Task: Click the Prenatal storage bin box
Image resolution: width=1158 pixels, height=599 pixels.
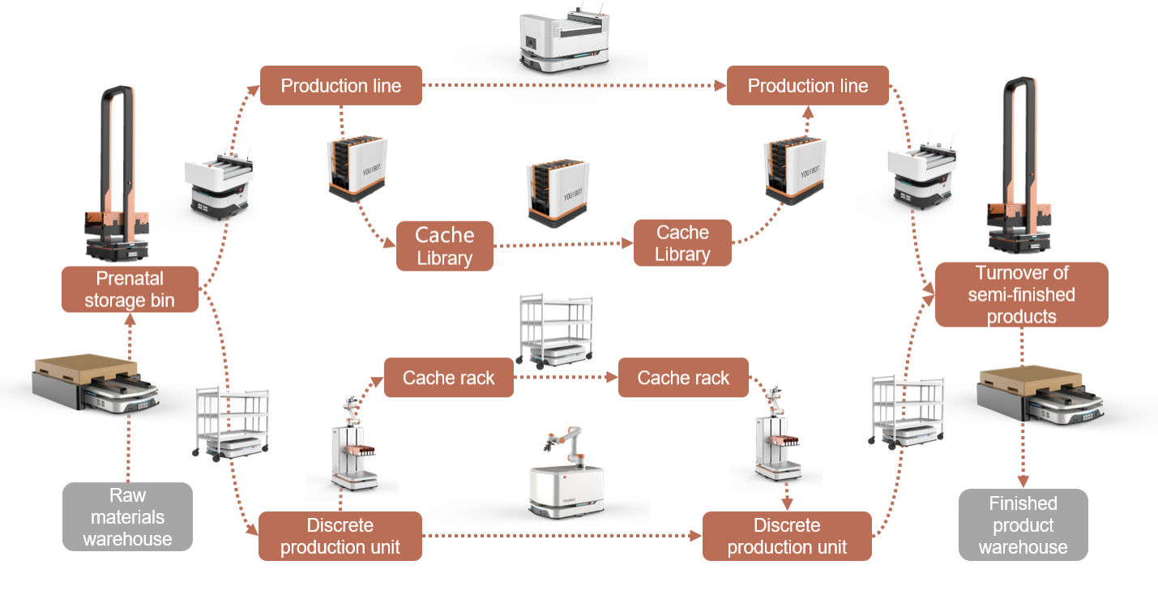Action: pos(130,289)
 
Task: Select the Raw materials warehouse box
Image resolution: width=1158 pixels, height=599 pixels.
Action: pos(127,516)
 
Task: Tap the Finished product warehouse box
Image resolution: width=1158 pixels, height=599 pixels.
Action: pos(1023,524)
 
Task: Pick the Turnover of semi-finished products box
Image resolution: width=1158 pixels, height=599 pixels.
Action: pos(1021,294)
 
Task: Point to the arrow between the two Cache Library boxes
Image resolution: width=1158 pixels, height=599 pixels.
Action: pos(562,245)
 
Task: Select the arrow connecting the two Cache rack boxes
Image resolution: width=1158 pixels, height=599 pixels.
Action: pos(565,377)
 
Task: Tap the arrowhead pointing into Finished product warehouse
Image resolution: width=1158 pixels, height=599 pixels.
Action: pos(1023,481)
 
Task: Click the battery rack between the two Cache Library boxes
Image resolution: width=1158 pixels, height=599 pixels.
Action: pos(558,192)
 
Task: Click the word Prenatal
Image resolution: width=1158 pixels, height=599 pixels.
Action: pos(130,280)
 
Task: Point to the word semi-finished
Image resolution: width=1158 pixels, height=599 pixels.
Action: pos(1021,294)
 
